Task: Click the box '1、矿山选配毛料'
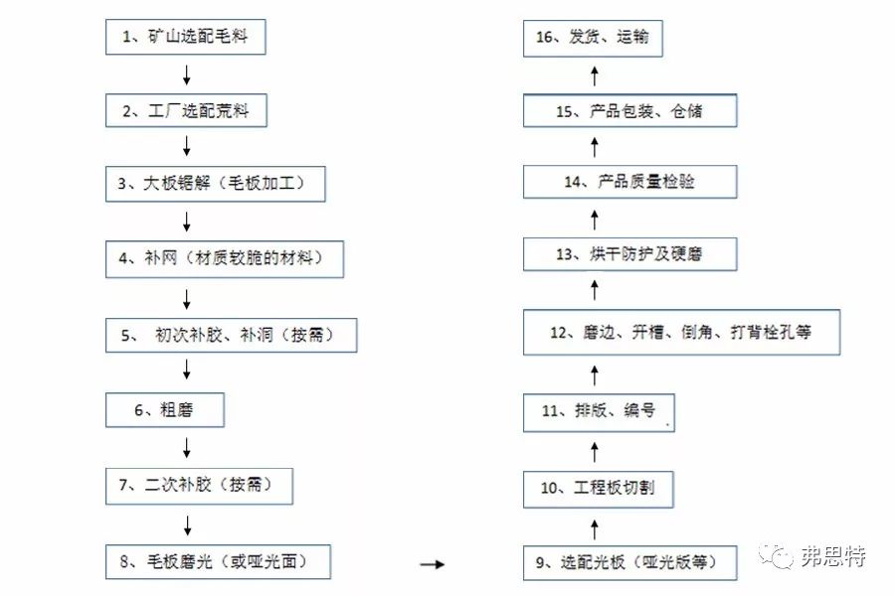point(186,38)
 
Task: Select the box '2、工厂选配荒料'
point(186,111)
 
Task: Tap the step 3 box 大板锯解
point(216,185)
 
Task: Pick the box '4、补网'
point(226,259)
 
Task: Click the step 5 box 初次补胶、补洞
point(231,335)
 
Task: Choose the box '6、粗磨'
point(165,409)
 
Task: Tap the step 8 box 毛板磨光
point(218,562)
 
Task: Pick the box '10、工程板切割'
point(599,489)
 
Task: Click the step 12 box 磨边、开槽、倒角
point(682,332)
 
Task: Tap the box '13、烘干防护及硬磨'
point(629,254)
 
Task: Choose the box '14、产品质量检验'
point(629,182)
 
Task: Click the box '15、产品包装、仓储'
point(629,111)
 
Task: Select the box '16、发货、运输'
point(593,38)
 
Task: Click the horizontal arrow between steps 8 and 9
point(431,564)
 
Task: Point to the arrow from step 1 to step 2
point(186,74)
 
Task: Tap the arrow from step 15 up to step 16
point(594,74)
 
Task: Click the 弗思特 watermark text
point(832,557)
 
